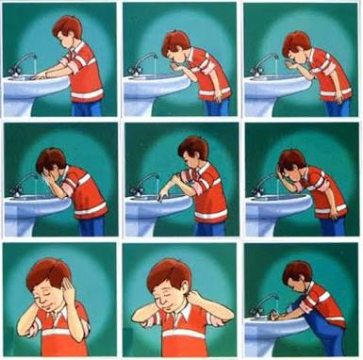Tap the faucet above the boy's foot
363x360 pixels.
click(x=267, y=303)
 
